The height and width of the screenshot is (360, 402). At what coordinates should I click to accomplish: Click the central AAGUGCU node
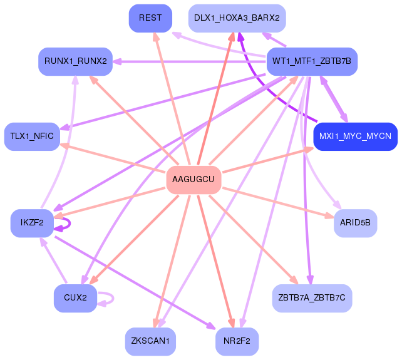coord(193,180)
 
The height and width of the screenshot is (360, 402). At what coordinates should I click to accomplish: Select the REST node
coord(150,18)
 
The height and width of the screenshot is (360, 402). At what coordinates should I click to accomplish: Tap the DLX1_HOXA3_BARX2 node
coord(237,18)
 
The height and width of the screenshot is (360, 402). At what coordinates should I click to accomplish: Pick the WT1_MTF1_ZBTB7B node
coord(312,61)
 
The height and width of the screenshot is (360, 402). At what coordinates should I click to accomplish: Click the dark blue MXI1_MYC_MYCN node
coord(355,136)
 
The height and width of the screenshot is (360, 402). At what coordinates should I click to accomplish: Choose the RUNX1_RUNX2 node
coord(75,61)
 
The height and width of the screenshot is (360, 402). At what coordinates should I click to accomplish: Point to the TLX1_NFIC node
coord(32,136)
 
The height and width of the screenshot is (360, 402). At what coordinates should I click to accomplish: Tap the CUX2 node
coord(75,298)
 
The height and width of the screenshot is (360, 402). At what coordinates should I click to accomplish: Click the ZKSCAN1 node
coord(150,341)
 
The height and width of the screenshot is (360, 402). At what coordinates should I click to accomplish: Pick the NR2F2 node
coord(237,341)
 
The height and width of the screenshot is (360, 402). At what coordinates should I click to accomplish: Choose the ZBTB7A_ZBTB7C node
coord(312,298)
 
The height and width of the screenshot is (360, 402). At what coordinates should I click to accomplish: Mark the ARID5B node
coord(355,223)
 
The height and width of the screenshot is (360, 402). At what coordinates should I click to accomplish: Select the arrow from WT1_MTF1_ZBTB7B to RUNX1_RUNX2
coord(188,61)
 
